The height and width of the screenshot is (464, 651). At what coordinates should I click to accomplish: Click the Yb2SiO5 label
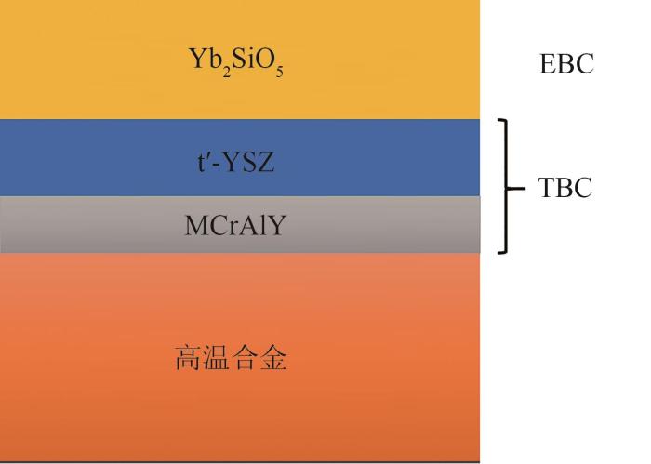coord(236,62)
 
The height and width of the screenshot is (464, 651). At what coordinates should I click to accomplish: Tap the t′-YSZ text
coord(236,162)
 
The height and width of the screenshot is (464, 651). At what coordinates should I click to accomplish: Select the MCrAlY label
coord(235,225)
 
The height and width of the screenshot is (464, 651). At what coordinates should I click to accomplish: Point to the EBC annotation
coord(566,63)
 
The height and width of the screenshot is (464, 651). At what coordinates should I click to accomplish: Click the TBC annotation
coord(565,187)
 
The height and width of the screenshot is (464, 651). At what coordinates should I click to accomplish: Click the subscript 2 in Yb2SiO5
coord(226,73)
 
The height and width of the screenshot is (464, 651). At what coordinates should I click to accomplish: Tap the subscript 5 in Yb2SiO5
coord(279,73)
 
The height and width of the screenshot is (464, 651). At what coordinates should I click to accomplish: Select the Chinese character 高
coord(189,358)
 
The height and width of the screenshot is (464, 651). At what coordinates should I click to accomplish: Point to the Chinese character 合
coord(245,358)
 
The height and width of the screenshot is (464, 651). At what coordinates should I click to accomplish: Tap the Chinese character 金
coord(272,358)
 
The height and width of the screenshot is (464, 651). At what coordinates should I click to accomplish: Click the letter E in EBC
coord(547,63)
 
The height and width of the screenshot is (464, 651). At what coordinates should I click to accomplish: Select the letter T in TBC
coord(546,187)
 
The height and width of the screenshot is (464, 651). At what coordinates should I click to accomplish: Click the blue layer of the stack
coord(240,158)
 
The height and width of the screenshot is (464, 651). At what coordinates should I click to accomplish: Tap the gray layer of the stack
coord(240,224)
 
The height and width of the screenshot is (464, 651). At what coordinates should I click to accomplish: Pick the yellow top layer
coord(240,60)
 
